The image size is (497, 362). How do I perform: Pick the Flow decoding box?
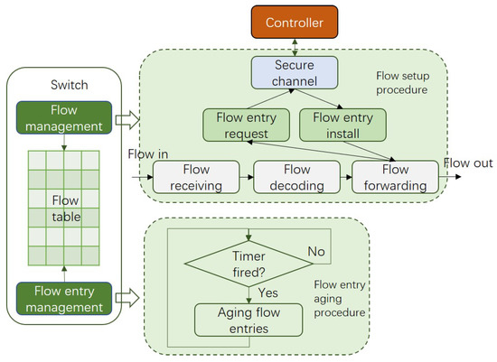point(297,176)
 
